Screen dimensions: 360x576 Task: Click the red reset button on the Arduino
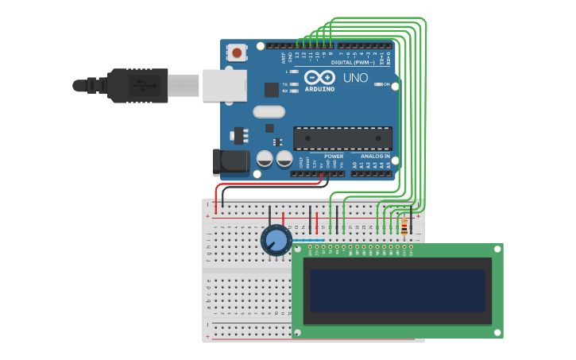(237, 53)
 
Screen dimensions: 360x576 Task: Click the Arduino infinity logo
(319, 77)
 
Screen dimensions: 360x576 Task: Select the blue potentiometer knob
(276, 239)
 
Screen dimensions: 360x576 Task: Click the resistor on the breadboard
(404, 228)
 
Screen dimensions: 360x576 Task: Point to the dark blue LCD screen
(397, 291)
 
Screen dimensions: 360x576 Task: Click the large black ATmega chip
(342, 138)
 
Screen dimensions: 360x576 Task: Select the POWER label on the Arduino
(334, 157)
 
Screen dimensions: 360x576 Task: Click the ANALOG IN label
(376, 157)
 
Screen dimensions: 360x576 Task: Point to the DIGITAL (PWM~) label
(353, 62)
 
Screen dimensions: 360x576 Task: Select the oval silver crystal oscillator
(269, 112)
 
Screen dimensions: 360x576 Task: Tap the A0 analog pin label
(354, 165)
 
